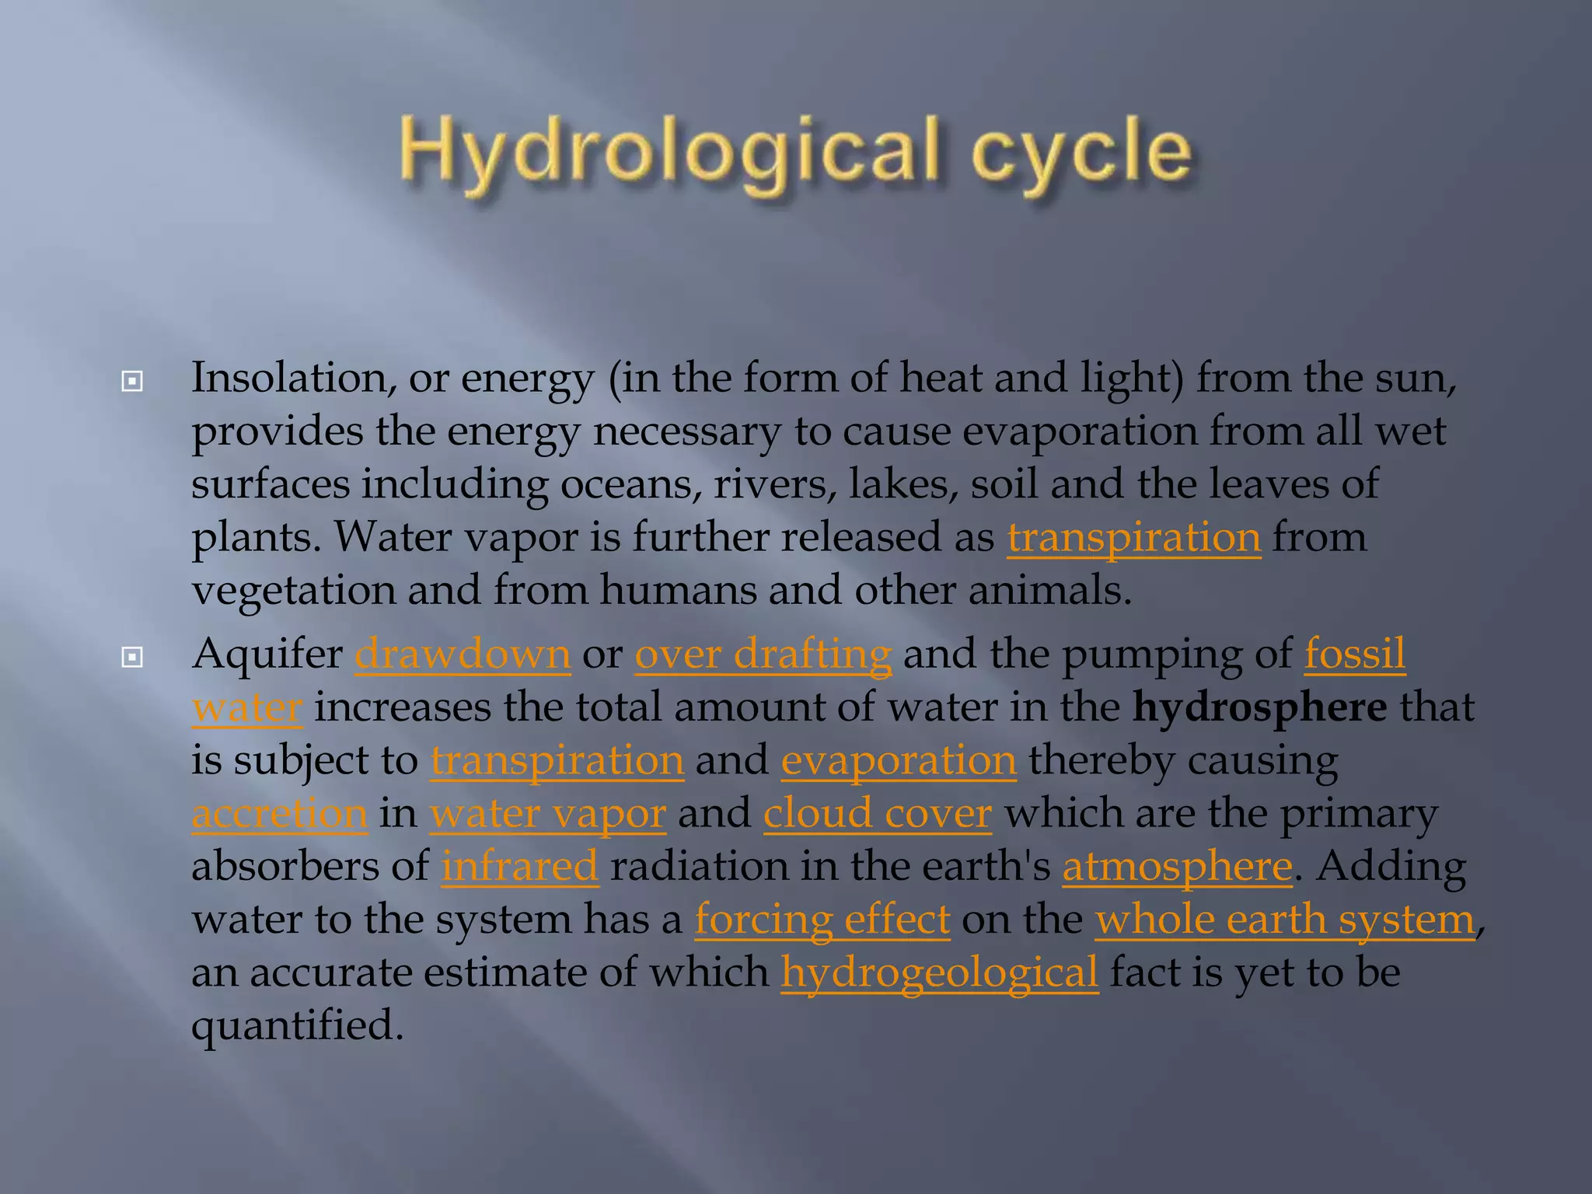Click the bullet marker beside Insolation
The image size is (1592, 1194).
pyautogui.click(x=133, y=382)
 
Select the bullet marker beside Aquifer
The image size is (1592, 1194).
pyautogui.click(x=133, y=658)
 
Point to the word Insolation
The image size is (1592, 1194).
pyautogui.click(x=288, y=379)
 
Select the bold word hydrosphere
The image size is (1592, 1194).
pyautogui.click(x=1259, y=707)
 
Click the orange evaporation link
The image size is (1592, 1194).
pyautogui.click(x=899, y=760)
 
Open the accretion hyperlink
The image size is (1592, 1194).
pyautogui.click(x=279, y=814)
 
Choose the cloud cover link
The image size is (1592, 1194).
pyautogui.click(x=877, y=814)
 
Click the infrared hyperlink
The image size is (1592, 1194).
pyautogui.click(x=520, y=867)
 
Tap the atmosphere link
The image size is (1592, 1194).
pyautogui.click(x=1177, y=867)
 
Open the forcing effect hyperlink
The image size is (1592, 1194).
pyautogui.click(x=822, y=920)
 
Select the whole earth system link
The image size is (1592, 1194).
pyautogui.click(x=1284, y=920)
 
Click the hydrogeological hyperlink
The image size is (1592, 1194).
pyautogui.click(x=939, y=972)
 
